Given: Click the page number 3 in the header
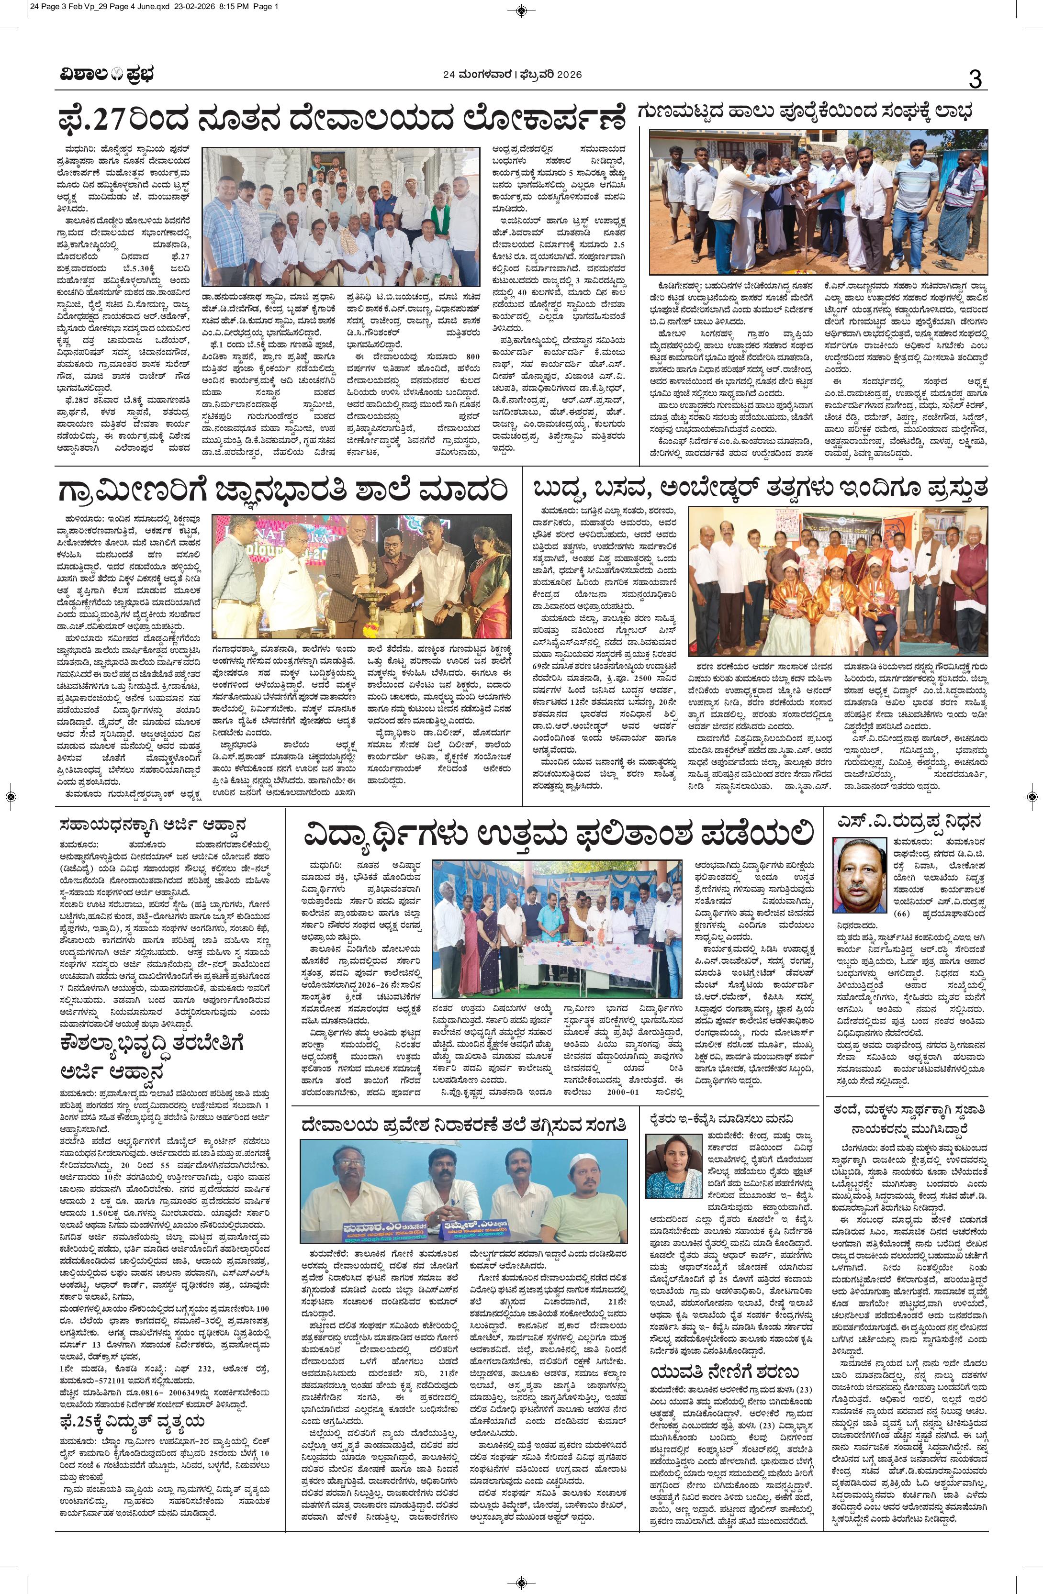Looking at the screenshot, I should [x=975, y=80].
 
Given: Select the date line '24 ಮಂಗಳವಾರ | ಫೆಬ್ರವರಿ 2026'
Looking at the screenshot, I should [x=513, y=75].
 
